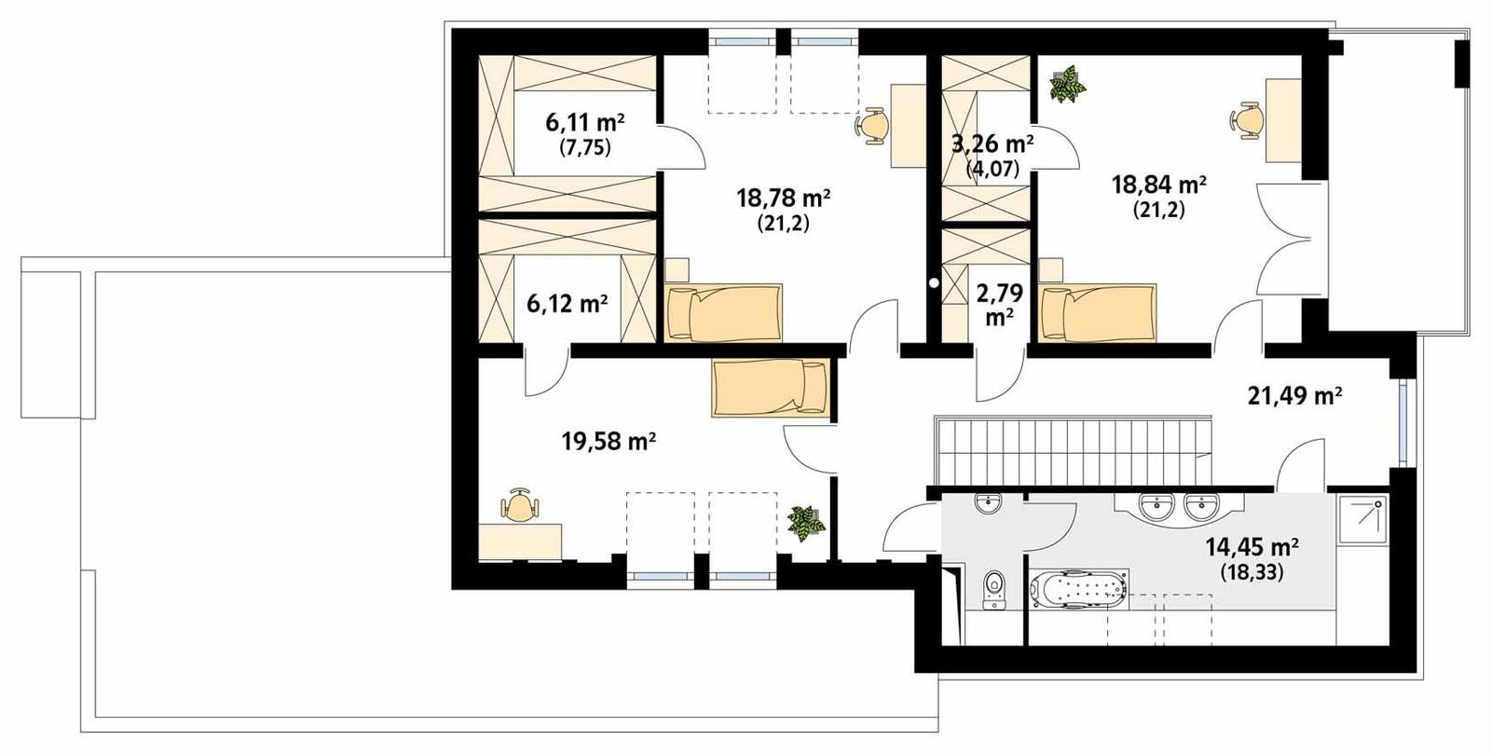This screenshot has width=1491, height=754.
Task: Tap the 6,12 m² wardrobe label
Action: (x=567, y=304)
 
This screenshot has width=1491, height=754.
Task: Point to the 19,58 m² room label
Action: (x=609, y=441)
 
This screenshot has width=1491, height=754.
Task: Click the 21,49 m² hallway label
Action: (x=1294, y=396)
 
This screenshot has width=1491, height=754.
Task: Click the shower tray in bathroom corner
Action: (x=1361, y=518)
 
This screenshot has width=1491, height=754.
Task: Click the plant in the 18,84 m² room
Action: (x=1068, y=84)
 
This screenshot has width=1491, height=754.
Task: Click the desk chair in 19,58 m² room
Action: (x=520, y=507)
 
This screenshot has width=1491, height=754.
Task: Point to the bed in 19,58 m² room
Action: (x=770, y=388)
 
